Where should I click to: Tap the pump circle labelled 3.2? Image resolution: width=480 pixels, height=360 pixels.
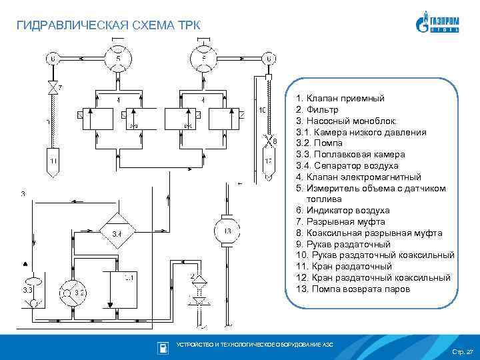pyautogui.click(x=71, y=291)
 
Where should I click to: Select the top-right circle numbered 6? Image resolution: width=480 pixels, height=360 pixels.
pyautogui.click(x=268, y=59)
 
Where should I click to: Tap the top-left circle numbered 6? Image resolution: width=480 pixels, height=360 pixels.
pyautogui.click(x=51, y=59)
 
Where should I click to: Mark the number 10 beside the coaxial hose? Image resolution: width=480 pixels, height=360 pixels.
pyautogui.click(x=262, y=109)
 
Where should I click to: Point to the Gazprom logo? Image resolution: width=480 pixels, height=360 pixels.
pyautogui.click(x=438, y=25)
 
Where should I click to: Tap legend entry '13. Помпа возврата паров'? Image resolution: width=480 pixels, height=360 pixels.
pyautogui.click(x=353, y=289)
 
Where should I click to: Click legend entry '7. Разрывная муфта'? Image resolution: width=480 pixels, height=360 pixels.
pyautogui.click(x=341, y=221)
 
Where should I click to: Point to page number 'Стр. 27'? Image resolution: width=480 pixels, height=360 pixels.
pyautogui.click(x=461, y=351)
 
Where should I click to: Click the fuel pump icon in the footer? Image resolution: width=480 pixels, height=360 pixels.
pyautogui.click(x=162, y=347)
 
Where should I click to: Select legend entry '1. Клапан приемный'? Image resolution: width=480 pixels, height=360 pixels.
pyautogui.click(x=340, y=98)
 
